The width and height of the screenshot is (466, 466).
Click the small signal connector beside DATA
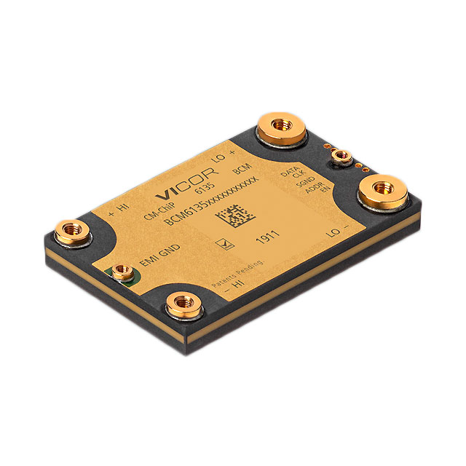tap(339, 156)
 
